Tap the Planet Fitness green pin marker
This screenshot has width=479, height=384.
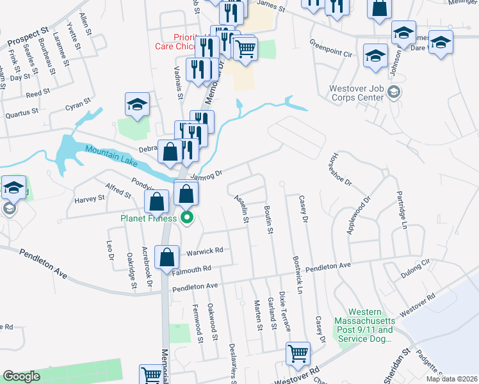point(187,219)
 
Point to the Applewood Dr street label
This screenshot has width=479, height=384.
point(359,216)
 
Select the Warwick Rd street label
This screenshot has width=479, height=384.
point(204,251)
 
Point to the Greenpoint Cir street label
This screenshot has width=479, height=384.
point(331,49)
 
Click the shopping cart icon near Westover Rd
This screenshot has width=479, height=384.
point(298,353)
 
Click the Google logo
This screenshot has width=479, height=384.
point(21,376)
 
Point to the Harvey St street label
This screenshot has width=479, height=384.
point(89,199)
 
